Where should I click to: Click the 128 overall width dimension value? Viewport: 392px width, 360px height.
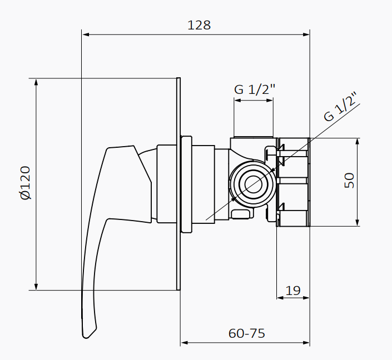(199, 25)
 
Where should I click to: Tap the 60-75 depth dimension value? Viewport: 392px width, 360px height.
(246, 333)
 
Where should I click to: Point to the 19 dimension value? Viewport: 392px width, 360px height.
(292, 290)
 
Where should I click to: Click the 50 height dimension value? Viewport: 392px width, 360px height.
(349, 181)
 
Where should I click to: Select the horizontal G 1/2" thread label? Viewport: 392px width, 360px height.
(255, 89)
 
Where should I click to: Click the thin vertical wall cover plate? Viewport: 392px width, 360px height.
(178, 183)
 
